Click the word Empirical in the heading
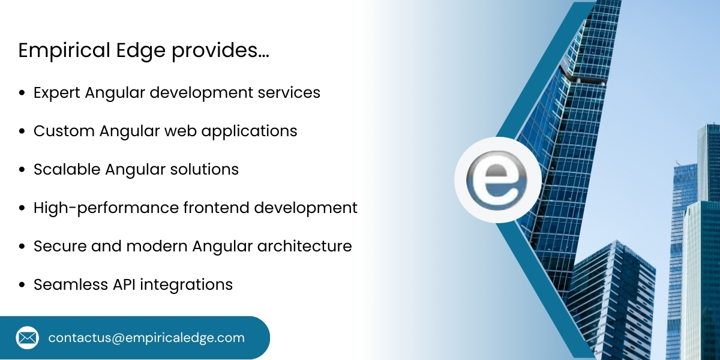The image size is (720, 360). [56, 51]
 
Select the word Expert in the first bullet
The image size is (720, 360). [57, 94]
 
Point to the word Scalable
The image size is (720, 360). [67, 170]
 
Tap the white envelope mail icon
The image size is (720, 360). [27, 338]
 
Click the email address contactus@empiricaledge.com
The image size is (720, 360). [146, 338]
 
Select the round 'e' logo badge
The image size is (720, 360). [497, 180]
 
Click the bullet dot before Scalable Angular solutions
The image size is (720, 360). [22, 170]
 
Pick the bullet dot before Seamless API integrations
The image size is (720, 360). [22, 284]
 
